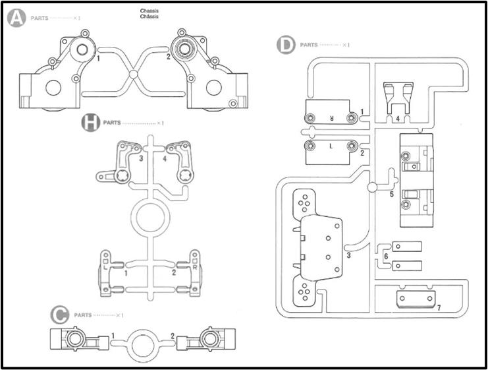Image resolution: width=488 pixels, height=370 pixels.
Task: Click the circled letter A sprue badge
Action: [x=16, y=18]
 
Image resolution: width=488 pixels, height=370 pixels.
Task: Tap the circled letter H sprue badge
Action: [x=91, y=123]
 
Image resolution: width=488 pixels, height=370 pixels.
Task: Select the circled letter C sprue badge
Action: [x=60, y=315]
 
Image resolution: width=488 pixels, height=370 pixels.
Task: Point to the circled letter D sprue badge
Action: [x=286, y=45]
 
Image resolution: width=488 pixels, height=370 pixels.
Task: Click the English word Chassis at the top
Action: [x=149, y=11]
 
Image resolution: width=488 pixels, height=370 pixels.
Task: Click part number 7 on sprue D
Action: [x=439, y=307]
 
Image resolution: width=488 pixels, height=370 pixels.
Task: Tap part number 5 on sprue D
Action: [x=392, y=194]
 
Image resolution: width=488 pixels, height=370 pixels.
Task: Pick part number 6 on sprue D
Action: [x=386, y=256]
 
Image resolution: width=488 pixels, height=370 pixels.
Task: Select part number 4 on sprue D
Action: [x=398, y=119]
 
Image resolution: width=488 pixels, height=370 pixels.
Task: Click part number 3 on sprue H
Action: [x=141, y=158]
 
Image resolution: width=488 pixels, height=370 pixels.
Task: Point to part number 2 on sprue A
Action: [x=169, y=57]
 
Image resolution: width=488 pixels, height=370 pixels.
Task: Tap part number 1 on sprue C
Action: [x=113, y=336]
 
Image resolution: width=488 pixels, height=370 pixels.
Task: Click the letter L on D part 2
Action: [x=331, y=146]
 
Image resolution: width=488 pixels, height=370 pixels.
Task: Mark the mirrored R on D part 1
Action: [x=332, y=119]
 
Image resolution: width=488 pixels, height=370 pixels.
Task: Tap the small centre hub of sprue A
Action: [x=133, y=74]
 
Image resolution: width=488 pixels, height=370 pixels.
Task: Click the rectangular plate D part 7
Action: [x=416, y=299]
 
